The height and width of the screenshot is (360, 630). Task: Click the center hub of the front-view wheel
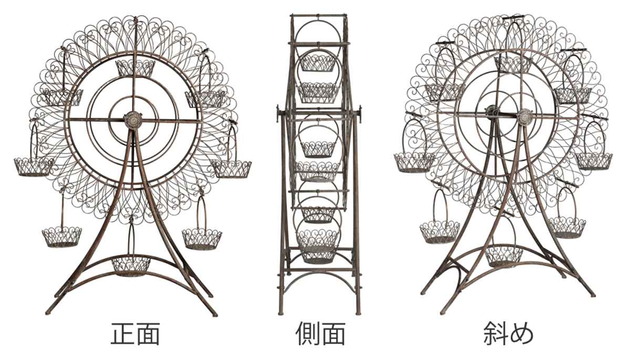tap(134, 120)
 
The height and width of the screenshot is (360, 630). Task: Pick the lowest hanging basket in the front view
tap(131, 265)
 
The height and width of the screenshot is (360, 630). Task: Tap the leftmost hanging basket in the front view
tap(34, 166)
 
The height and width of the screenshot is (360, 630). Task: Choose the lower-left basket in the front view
tap(62, 237)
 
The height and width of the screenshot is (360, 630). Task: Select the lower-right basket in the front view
tap(202, 238)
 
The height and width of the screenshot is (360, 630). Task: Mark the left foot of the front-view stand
tap(48, 313)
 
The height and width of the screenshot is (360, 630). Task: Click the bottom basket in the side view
tap(318, 252)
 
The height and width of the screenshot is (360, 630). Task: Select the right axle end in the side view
tap(361, 112)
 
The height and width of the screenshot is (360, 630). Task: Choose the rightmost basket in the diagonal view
tap(594, 161)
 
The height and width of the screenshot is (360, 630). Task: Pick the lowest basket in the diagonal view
tap(504, 256)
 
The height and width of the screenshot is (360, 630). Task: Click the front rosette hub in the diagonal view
tap(524, 117)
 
